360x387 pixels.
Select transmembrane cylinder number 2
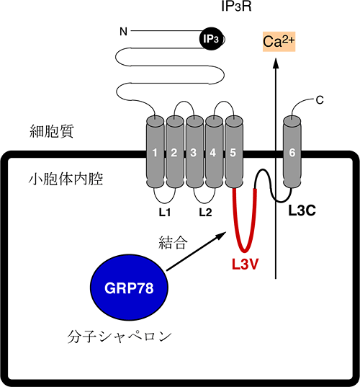click(175, 152)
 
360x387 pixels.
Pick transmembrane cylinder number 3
click(194, 152)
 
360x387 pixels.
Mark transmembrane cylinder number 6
click(292, 152)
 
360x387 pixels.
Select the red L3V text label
click(245, 264)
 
